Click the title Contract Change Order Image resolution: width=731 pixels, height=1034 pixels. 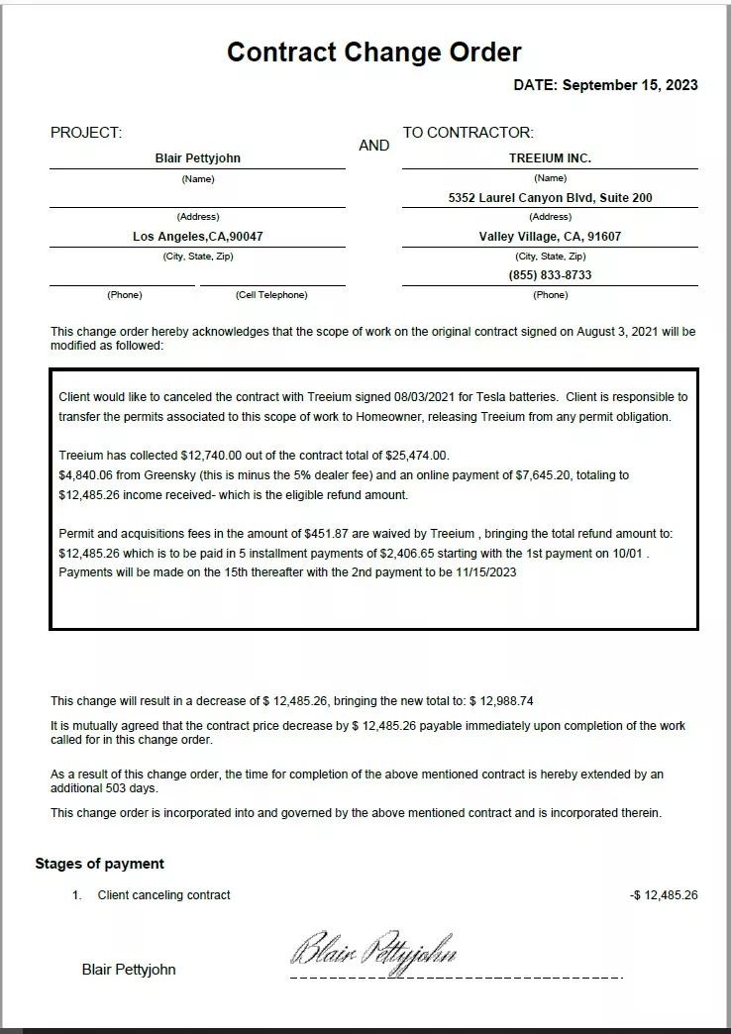pyautogui.click(x=373, y=52)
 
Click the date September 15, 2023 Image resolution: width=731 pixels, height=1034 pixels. pyautogui.click(x=630, y=85)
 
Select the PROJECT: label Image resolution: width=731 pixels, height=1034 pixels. pyautogui.click(x=86, y=133)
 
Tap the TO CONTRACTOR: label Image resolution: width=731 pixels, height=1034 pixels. pyautogui.click(x=468, y=133)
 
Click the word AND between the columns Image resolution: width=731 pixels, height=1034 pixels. pyautogui.click(x=373, y=146)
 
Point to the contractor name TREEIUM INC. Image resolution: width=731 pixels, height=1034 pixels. pyautogui.click(x=550, y=158)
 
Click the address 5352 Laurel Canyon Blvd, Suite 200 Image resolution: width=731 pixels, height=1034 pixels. pyautogui.click(x=550, y=198)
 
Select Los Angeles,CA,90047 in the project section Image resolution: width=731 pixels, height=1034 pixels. pyautogui.click(x=197, y=237)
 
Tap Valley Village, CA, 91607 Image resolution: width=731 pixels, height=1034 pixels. pyautogui.click(x=550, y=237)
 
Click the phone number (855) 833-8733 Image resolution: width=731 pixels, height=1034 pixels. pyautogui.click(x=550, y=275)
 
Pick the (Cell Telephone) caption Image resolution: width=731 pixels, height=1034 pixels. pyautogui.click(x=271, y=295)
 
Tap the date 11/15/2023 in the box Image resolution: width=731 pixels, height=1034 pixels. pyautogui.click(x=486, y=571)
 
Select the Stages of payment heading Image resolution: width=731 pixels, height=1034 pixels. pyautogui.click(x=99, y=864)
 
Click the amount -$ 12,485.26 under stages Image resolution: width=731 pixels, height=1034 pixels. pyautogui.click(x=664, y=895)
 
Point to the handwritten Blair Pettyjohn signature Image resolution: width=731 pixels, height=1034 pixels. pyautogui.click(x=373, y=951)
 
